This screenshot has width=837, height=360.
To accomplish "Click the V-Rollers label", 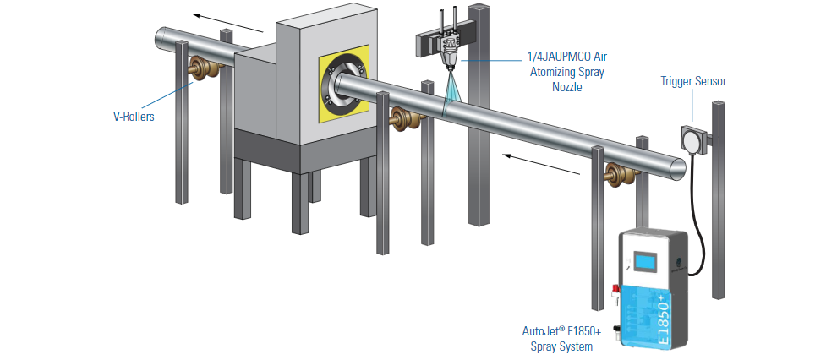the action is click(134, 117).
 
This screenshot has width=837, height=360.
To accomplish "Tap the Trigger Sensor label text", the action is click(693, 82).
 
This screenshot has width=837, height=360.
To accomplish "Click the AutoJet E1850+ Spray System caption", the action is click(561, 339).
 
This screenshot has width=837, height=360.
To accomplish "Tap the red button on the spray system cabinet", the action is click(615, 291).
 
